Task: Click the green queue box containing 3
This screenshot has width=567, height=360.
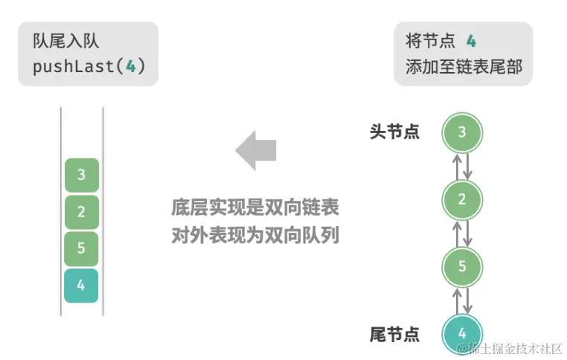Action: click(x=81, y=176)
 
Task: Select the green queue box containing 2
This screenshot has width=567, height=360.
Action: click(x=81, y=212)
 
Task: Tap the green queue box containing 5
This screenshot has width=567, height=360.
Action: click(x=81, y=248)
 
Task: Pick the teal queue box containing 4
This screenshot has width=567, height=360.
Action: click(x=81, y=286)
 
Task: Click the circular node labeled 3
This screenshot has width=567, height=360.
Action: click(x=462, y=133)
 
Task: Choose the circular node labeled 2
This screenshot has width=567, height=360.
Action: click(x=462, y=199)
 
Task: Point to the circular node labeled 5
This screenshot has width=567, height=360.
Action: click(x=462, y=266)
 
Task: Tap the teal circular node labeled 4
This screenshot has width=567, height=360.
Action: click(x=462, y=332)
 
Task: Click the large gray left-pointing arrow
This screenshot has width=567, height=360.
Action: click(x=256, y=150)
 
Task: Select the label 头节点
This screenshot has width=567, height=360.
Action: click(x=394, y=132)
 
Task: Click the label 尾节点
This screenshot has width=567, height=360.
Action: click(x=394, y=334)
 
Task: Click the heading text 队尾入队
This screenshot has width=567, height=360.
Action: click(x=65, y=41)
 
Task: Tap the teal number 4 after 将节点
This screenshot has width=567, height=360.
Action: click(x=471, y=41)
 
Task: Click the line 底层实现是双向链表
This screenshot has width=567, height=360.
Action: click(x=254, y=208)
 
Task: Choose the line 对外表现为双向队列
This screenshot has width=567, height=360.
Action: click(x=254, y=237)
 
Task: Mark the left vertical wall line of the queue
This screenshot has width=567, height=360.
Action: click(x=61, y=212)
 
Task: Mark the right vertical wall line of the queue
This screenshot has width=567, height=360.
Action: click(x=103, y=212)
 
